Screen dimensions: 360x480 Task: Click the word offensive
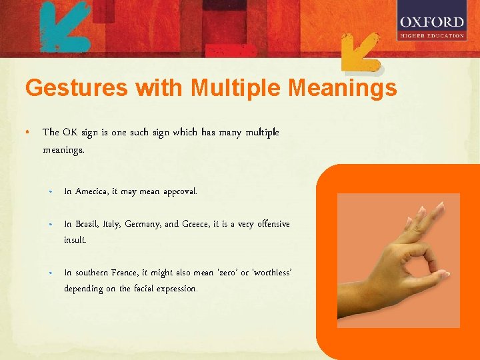270,224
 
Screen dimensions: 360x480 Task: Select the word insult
75,239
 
